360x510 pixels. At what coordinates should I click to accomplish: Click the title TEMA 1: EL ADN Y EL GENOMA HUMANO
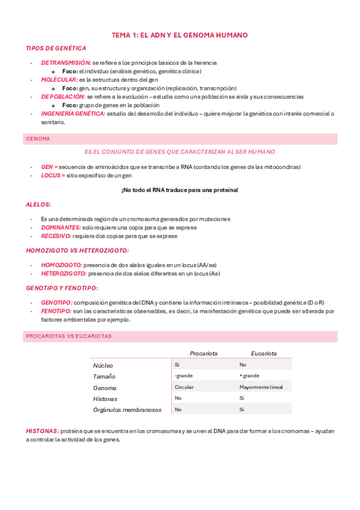pos(180,35)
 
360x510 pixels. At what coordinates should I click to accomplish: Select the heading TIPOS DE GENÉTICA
pos(56,48)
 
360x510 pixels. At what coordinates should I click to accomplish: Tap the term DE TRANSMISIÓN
pos(66,63)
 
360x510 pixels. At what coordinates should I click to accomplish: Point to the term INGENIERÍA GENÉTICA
pos(73,113)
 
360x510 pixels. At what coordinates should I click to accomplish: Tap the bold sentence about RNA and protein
pos(180,190)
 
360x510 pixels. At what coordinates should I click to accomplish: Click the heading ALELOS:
pos(38,204)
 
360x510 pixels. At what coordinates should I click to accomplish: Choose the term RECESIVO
pos(56,236)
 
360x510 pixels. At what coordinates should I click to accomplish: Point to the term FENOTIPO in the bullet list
pos(56,311)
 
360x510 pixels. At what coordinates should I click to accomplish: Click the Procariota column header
pos(203,354)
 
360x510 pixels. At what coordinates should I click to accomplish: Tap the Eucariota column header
pos(264,354)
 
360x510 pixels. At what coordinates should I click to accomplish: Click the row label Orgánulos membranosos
pos(127,410)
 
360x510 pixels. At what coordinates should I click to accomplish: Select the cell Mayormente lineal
pos(261,387)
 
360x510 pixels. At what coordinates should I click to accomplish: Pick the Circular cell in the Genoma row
pos(184,387)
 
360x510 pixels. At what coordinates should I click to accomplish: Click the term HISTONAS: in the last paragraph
pos(42,431)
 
